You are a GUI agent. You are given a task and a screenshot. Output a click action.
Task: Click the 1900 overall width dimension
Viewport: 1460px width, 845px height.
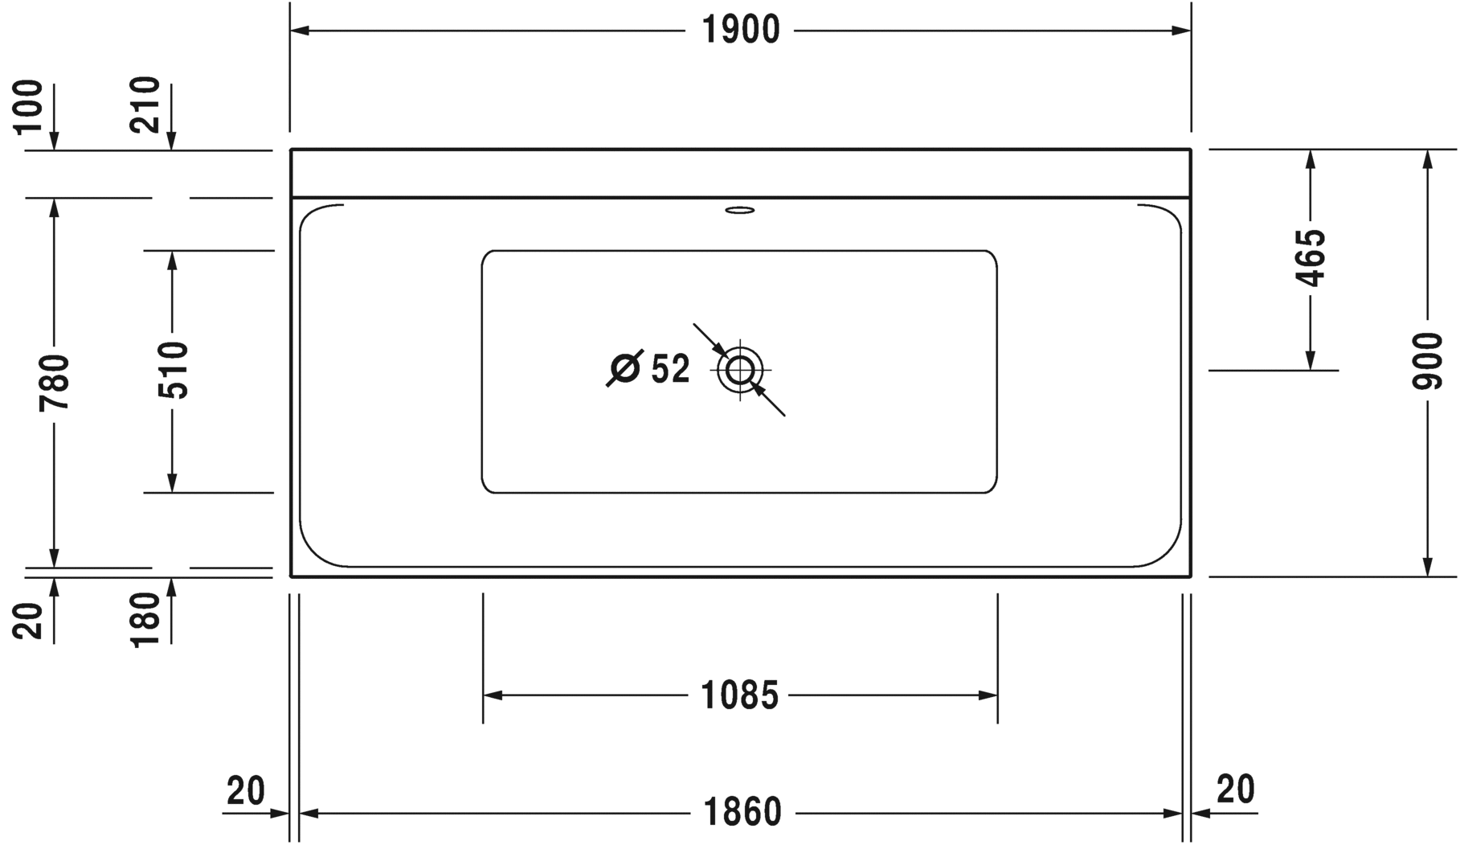741,31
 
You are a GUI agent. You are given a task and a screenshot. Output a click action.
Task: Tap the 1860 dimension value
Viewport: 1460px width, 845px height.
742,813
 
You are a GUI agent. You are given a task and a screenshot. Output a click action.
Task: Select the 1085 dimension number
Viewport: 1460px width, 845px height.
740,695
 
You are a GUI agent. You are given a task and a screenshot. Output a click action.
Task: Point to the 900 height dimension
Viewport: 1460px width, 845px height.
1427,361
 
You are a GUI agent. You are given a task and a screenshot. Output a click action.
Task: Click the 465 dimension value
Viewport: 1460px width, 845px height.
1311,258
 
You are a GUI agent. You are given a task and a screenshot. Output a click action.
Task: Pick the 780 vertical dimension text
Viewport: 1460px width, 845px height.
55,381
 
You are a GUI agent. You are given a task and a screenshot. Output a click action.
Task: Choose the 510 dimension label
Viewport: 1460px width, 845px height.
172,370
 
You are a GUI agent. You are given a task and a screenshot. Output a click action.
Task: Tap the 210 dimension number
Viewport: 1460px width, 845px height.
145,105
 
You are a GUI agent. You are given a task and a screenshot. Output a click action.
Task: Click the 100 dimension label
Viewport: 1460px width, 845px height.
29,106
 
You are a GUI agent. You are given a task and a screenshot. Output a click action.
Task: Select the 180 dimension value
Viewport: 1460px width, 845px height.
145,620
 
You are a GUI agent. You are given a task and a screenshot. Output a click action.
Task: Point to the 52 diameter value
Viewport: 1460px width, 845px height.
670,370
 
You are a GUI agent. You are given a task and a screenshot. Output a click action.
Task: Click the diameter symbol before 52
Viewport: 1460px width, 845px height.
625,369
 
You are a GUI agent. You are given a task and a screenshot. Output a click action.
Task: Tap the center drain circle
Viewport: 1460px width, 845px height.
740,371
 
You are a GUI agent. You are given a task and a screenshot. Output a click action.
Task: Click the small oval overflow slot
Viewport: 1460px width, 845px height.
740,211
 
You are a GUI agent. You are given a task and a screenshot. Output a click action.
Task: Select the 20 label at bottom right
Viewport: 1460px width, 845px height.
1235,790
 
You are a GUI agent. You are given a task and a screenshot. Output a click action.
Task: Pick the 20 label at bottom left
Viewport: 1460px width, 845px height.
245,791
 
